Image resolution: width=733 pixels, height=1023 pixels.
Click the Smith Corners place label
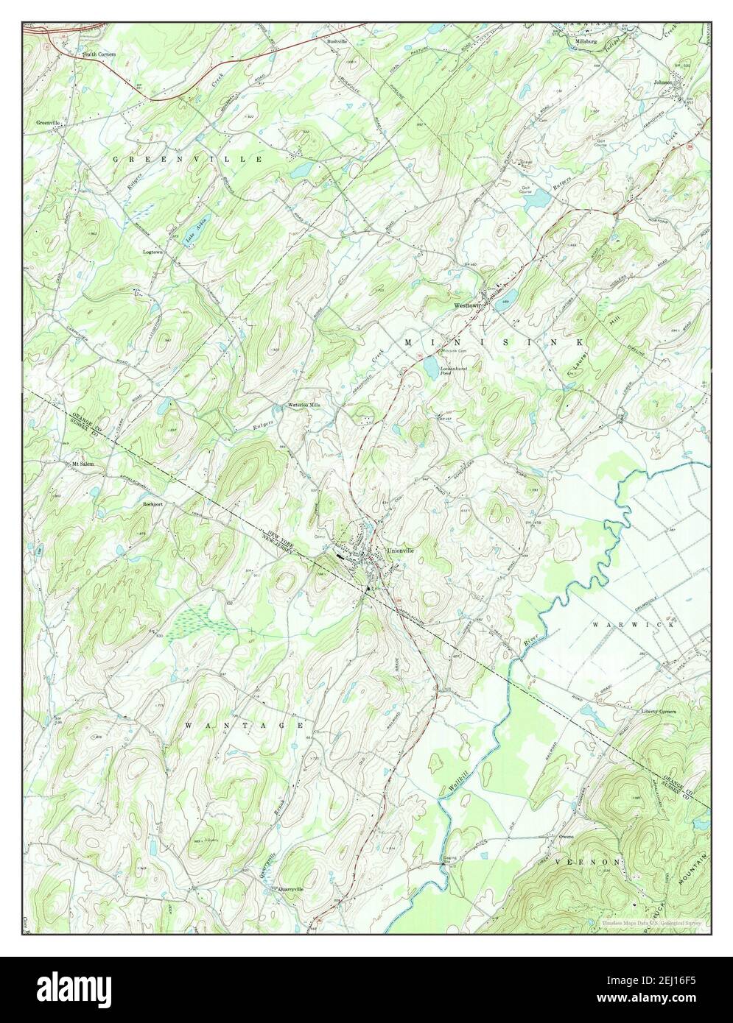[x=98, y=54]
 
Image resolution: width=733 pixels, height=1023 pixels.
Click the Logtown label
[x=155, y=251]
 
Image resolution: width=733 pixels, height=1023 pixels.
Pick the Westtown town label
[x=466, y=304]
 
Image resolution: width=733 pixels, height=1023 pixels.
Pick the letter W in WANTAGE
[x=188, y=726]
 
